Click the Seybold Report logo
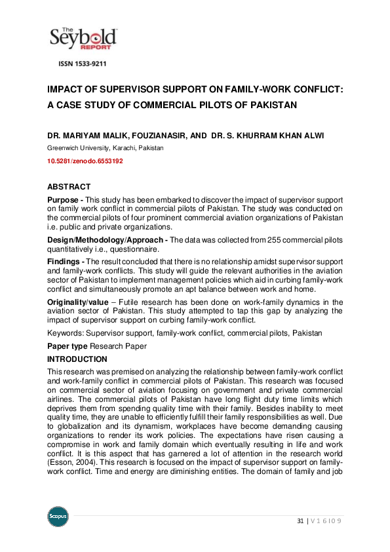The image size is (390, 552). [x=83, y=38]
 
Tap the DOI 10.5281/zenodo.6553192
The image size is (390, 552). [x=85, y=161]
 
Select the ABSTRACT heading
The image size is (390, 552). [x=69, y=187]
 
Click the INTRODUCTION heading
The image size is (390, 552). [x=77, y=359]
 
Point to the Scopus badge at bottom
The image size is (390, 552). [x=58, y=516]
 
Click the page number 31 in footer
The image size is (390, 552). [x=301, y=521]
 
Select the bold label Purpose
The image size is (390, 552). [x=63, y=199]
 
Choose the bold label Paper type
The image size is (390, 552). [x=68, y=346]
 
